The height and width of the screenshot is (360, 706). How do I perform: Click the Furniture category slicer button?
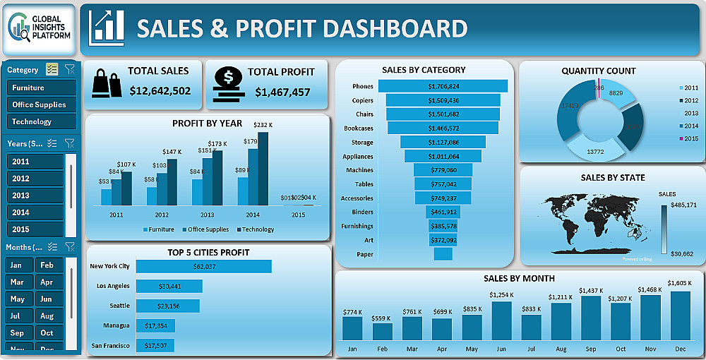tap(41, 88)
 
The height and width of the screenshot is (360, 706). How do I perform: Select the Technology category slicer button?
tap(41, 121)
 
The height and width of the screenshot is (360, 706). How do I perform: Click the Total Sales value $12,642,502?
tap(160, 91)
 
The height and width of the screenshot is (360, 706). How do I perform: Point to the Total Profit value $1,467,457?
tap(282, 92)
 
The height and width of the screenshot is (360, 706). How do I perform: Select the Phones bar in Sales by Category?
tap(443, 86)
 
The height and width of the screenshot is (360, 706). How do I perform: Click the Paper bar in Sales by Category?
tap(443, 254)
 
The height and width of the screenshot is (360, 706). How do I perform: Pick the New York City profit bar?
tap(203, 266)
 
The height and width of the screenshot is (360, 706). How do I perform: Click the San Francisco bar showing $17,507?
tap(155, 345)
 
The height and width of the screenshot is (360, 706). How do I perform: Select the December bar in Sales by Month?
tap(680, 316)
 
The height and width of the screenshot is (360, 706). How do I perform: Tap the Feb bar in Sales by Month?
tap(382, 331)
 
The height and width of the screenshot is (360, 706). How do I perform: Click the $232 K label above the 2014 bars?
tap(263, 125)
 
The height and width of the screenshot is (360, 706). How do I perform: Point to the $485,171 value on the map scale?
tap(682, 205)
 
